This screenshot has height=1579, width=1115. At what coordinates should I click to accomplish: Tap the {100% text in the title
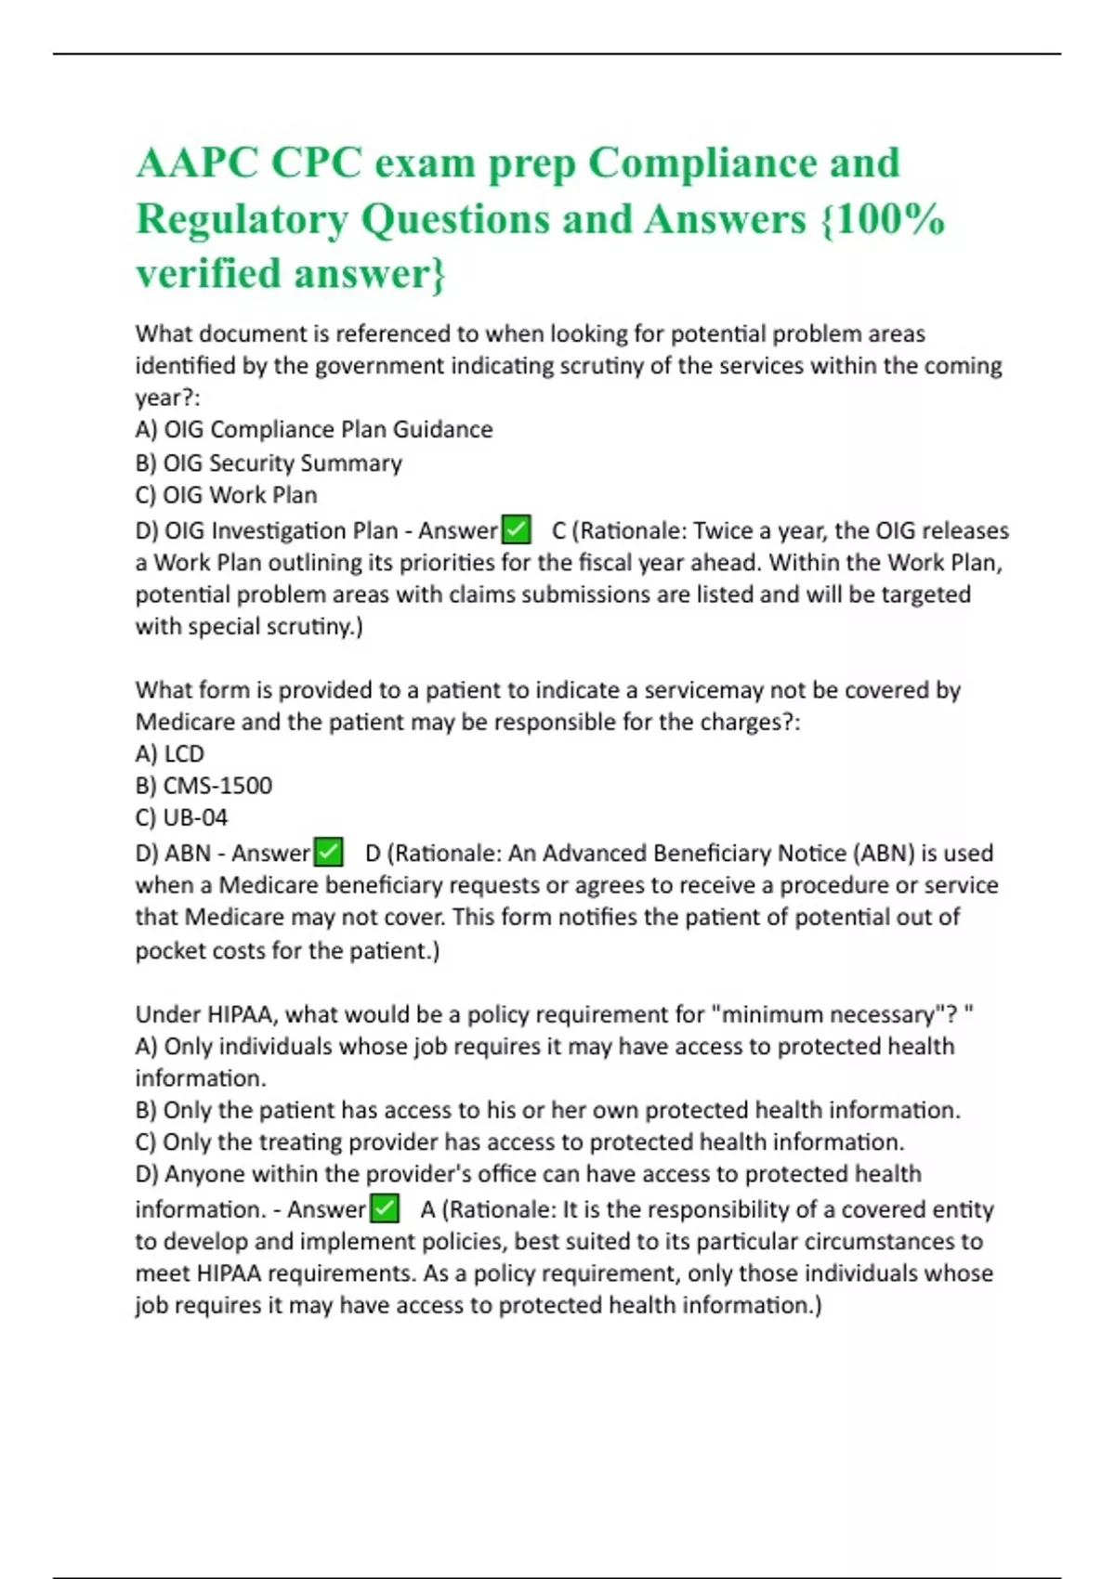[x=883, y=219]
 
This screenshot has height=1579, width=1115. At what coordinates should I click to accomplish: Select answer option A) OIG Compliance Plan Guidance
[x=314, y=429]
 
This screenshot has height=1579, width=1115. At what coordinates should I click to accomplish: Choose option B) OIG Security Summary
[x=269, y=463]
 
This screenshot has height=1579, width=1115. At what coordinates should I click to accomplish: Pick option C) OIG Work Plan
[x=226, y=495]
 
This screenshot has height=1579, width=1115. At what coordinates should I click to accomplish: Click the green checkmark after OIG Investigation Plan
[x=516, y=529]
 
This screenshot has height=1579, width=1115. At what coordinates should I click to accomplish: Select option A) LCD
[x=169, y=753]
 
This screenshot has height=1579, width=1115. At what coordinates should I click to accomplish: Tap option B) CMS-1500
[x=203, y=786]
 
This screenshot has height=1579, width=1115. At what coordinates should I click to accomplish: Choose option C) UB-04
[x=181, y=817]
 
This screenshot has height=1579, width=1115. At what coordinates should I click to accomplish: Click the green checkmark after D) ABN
[x=328, y=852]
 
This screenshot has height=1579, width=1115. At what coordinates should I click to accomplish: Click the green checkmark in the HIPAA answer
[x=384, y=1208]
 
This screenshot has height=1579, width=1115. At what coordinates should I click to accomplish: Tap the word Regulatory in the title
[x=242, y=219]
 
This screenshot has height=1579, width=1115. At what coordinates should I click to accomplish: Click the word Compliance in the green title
[x=744, y=163]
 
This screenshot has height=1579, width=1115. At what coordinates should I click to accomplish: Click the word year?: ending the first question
[x=167, y=398]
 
